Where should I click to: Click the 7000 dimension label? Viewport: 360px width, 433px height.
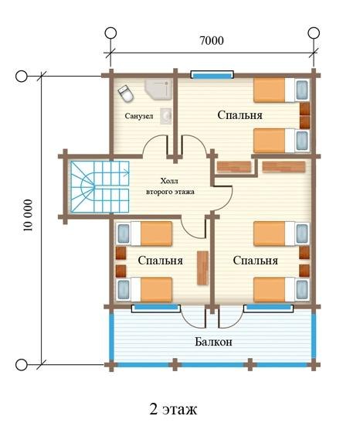point(212,40)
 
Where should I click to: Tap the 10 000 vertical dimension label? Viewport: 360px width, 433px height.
point(28,216)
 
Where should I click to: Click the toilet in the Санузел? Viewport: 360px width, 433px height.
point(126,94)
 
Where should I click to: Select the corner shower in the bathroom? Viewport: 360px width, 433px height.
point(158,89)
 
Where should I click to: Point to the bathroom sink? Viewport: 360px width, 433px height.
point(166,116)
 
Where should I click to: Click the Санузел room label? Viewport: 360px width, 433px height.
point(138,116)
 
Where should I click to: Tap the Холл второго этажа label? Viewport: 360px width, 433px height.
point(170,186)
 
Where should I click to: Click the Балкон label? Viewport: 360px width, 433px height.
point(213,342)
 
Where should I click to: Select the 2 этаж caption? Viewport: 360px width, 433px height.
point(173,409)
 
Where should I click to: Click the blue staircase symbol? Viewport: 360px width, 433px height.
point(100,187)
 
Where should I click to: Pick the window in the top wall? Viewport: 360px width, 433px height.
point(212,75)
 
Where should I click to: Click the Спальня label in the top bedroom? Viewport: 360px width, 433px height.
point(239,115)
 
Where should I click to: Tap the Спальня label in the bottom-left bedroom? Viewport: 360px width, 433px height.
point(160,261)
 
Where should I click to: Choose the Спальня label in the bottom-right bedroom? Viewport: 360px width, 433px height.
point(255,261)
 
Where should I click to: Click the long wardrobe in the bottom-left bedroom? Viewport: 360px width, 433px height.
point(202,268)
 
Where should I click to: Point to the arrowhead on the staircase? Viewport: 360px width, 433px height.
point(127,173)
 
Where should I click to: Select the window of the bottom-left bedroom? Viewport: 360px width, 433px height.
point(156,308)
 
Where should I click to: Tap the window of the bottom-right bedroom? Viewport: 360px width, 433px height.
point(268,308)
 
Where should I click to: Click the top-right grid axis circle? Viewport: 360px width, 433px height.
point(314,32)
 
